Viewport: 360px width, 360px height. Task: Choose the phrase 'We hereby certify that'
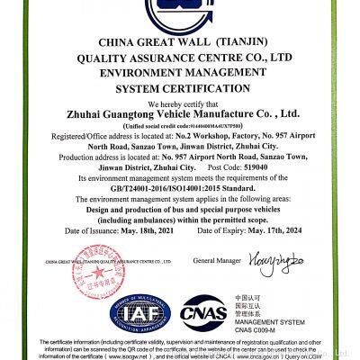point(180,102)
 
